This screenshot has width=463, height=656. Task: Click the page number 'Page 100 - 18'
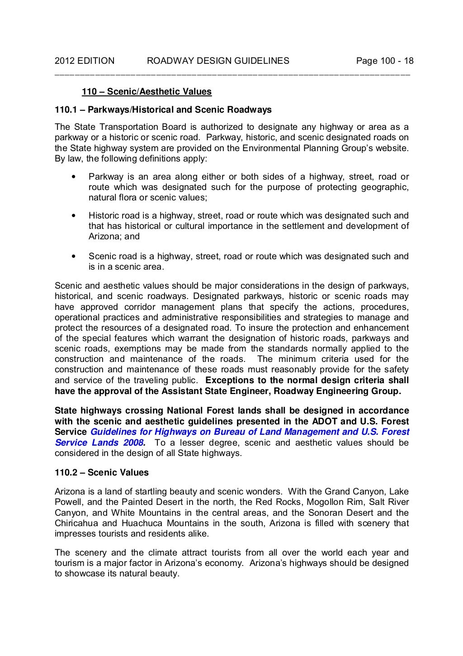[385, 61]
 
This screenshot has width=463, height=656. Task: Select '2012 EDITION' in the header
[85, 61]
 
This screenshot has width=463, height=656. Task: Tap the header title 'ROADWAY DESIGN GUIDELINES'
[218, 61]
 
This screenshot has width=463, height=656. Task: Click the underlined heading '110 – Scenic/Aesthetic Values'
[146, 92]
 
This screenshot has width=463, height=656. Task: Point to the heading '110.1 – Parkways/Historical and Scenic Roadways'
[163, 110]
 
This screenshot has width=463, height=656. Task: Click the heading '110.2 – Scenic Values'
[102, 473]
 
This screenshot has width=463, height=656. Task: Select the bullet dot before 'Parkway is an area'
[73, 177]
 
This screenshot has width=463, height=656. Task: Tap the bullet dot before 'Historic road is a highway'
[73, 216]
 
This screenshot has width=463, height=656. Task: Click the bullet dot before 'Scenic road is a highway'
[73, 257]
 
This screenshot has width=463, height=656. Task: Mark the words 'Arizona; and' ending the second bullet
[114, 236]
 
